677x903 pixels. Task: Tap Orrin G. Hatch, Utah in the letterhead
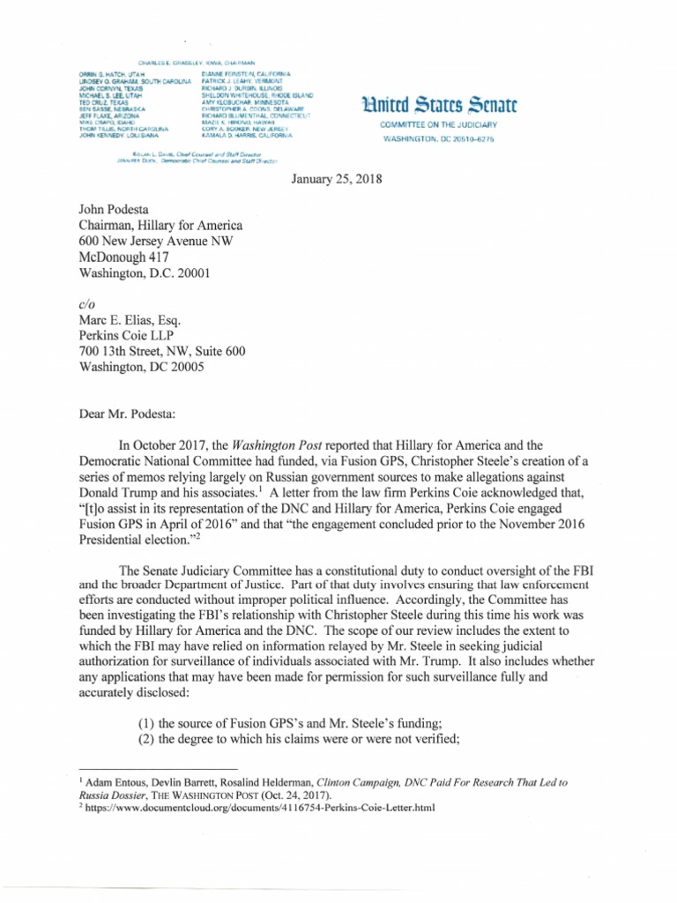point(104,74)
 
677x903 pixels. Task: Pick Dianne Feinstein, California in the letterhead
point(251,74)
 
